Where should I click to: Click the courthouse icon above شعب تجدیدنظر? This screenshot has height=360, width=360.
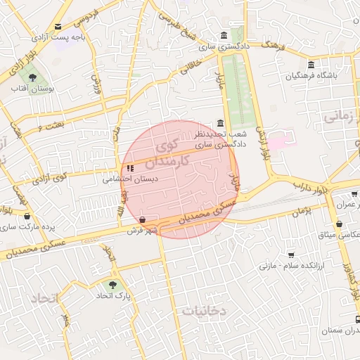(x=221, y=124)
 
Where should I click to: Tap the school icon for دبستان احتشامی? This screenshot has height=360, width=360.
(x=131, y=168)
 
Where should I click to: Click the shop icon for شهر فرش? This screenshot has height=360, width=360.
(x=143, y=219)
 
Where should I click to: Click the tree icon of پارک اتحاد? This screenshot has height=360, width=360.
(x=112, y=285)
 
